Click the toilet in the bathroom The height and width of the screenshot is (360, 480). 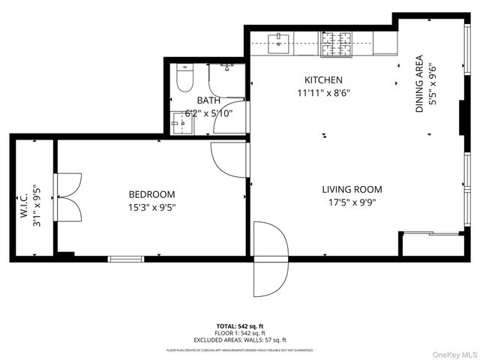click(x=184, y=78)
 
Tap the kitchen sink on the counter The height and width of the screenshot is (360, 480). click(x=278, y=41)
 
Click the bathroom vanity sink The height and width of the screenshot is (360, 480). click(x=179, y=124)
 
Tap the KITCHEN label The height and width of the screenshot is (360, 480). click(x=323, y=80)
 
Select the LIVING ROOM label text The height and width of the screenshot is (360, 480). click(x=352, y=190)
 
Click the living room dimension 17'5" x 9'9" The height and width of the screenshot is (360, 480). click(x=352, y=202)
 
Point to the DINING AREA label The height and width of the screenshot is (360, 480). click(x=419, y=84)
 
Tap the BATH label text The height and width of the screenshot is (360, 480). click(x=208, y=100)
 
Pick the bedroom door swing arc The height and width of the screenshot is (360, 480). click(x=228, y=160)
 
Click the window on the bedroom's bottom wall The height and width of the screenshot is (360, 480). click(x=126, y=259)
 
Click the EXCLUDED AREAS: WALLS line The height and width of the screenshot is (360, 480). click(x=240, y=340)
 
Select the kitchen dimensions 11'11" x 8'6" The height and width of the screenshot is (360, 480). click(x=323, y=93)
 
